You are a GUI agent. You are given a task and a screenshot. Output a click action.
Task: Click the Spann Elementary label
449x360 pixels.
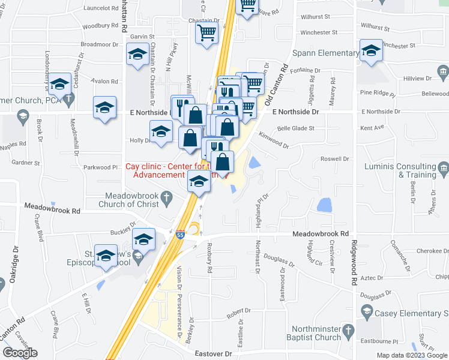click(325, 53)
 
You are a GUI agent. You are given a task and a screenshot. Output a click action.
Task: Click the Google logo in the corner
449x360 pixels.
click(20, 353)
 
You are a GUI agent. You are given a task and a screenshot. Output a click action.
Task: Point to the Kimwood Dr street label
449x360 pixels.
click(273, 142)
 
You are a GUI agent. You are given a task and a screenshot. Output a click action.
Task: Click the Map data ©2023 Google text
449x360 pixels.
click(411, 355)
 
